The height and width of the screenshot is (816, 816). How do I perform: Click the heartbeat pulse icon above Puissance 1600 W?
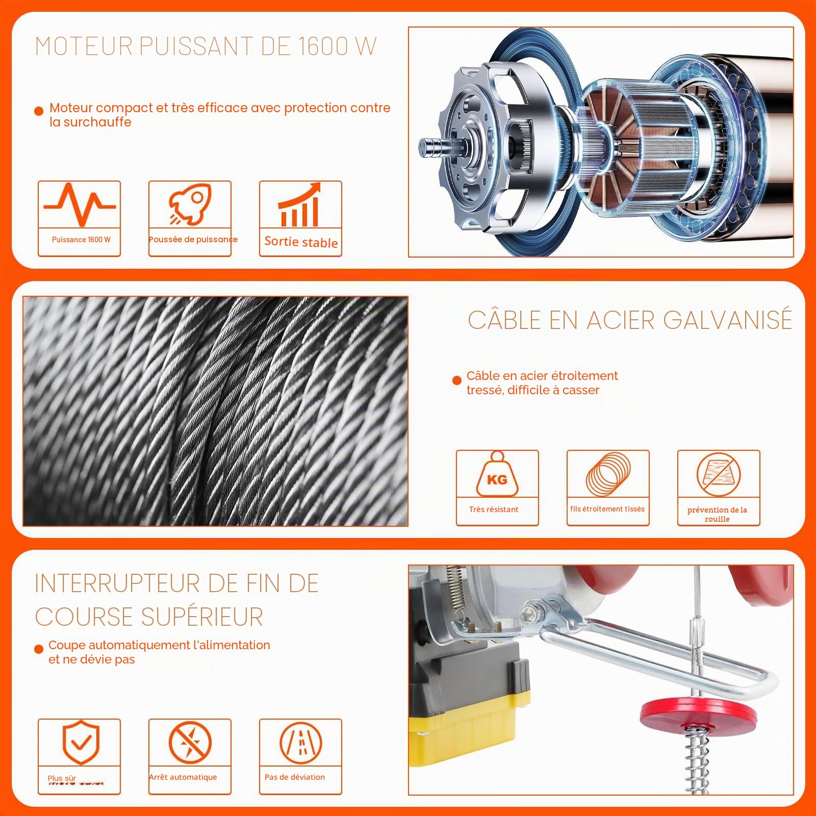click(x=80, y=205)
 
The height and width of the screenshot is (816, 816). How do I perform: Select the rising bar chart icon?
click(x=300, y=205)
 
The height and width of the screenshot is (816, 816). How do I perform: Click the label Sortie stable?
click(x=301, y=242)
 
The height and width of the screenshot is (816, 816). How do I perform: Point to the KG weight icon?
click(x=497, y=474)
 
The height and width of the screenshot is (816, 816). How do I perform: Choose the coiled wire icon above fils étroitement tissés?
click(x=608, y=474)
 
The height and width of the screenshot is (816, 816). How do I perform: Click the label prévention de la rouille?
click(x=717, y=514)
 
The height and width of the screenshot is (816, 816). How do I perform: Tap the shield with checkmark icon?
click(x=81, y=742)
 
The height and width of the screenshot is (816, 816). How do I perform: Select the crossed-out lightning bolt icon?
click(x=190, y=743)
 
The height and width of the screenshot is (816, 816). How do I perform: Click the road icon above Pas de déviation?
click(x=300, y=743)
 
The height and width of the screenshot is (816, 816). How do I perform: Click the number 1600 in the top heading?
click(x=323, y=46)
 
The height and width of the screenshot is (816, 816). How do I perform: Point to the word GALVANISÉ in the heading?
click(x=728, y=320)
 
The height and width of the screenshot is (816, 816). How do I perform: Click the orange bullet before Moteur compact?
click(x=39, y=111)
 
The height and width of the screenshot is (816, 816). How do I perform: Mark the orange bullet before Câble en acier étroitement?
click(x=457, y=380)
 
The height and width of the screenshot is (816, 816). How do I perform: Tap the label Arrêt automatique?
click(x=183, y=777)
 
